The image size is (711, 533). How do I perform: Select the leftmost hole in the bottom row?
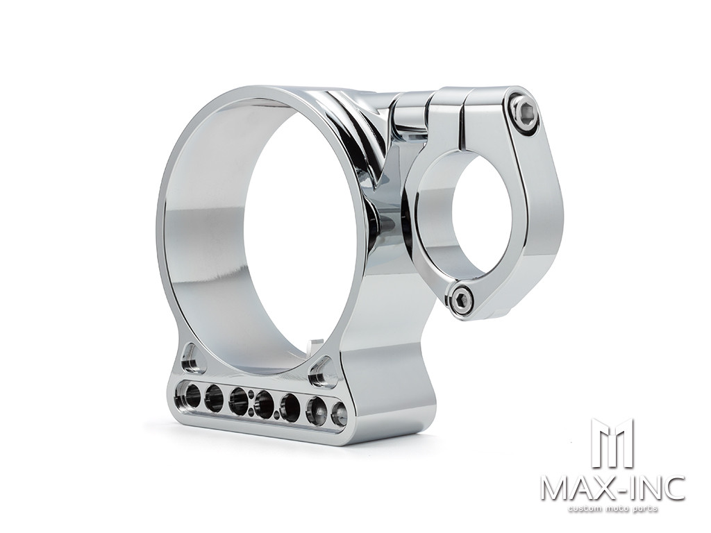[189, 396]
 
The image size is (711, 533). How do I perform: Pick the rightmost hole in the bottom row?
[339, 414]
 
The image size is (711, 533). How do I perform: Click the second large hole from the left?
[214, 399]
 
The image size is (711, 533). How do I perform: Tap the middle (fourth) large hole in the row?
[264, 405]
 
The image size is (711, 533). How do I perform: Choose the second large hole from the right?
[316, 412]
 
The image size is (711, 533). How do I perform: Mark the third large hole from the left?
[238, 402]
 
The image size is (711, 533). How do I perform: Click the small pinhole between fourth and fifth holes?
[277, 416]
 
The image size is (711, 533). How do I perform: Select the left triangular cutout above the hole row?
[189, 359]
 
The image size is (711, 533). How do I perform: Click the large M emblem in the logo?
[612, 443]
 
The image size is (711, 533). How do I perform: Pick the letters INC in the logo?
[653, 488]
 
